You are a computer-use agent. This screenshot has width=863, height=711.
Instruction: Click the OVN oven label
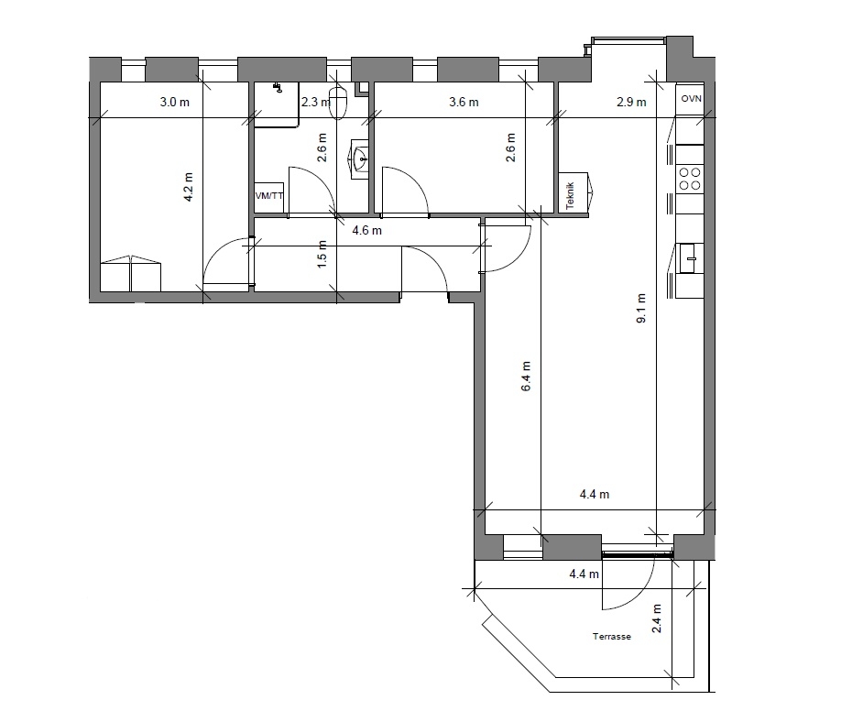[691, 99]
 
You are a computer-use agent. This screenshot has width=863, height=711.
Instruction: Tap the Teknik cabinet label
[570, 195]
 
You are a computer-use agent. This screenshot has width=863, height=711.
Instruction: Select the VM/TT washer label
[269, 195]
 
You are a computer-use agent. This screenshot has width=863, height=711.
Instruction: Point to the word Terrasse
[611, 636]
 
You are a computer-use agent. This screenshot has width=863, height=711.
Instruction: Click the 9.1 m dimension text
[640, 308]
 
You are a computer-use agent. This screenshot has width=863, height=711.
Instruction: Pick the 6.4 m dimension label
[526, 377]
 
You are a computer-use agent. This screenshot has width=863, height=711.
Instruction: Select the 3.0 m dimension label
[174, 102]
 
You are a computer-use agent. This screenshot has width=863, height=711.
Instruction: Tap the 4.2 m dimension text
[188, 187]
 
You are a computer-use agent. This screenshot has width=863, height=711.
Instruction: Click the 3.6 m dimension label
[464, 102]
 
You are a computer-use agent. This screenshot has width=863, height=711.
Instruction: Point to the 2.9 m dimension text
[631, 102]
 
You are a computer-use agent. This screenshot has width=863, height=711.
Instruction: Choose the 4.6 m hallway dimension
[367, 230]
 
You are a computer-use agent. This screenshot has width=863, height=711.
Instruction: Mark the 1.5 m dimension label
[322, 254]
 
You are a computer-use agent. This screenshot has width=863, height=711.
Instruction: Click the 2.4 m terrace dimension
[656, 618]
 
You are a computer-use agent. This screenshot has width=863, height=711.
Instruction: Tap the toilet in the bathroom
[338, 103]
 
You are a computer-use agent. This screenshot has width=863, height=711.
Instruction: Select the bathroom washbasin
[359, 159]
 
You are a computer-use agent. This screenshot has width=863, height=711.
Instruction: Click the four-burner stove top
[690, 179]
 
